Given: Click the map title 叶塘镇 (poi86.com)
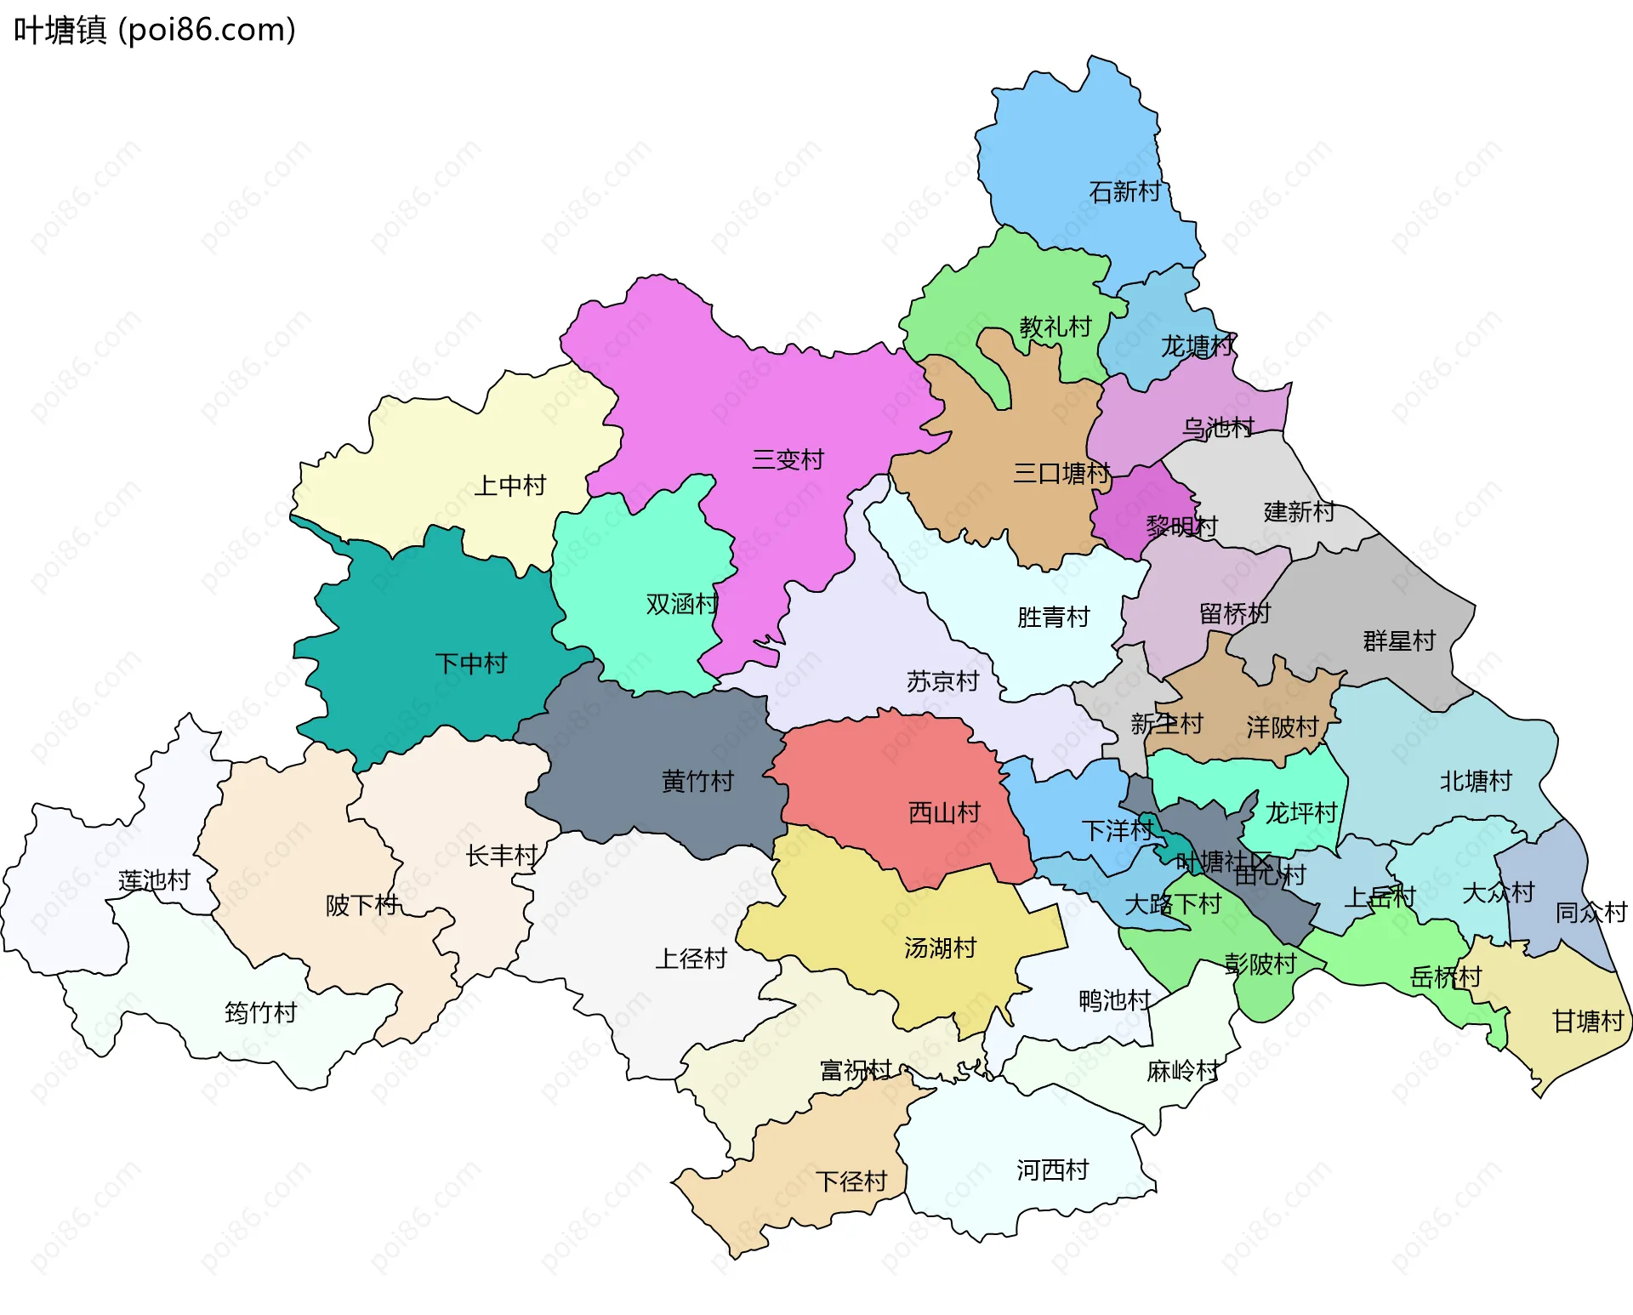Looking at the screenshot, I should click(155, 30).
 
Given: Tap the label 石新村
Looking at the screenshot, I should click(1124, 191).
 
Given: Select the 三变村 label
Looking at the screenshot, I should click(788, 460).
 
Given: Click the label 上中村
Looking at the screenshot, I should click(509, 486).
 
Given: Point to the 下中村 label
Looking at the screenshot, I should click(470, 663).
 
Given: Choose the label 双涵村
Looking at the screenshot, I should click(681, 604).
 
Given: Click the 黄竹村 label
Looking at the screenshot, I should click(697, 781).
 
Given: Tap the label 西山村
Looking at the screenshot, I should click(944, 812).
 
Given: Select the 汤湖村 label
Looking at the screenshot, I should click(940, 948).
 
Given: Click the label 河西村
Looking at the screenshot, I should click(1052, 1170).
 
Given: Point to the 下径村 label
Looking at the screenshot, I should click(851, 1181).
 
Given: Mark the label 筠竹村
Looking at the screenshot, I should click(260, 1012).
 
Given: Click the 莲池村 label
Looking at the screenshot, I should click(154, 880).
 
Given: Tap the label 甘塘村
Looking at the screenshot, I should click(1588, 1021).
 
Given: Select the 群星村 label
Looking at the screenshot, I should click(1399, 640).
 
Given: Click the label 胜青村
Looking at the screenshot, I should click(1053, 617).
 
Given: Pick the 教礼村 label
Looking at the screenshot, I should click(1055, 327).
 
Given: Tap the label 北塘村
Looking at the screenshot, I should click(1475, 781).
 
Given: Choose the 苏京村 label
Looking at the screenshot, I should click(942, 681).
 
